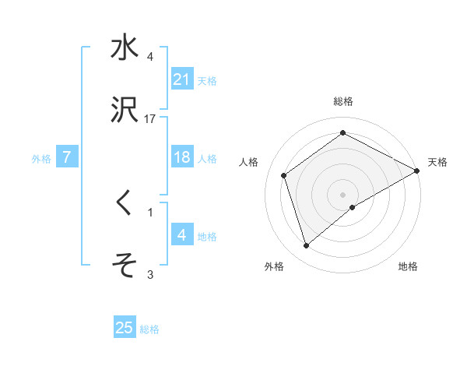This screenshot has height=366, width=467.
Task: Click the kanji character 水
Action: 125,48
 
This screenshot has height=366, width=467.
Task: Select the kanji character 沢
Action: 125,111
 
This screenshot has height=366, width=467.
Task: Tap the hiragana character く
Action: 125,203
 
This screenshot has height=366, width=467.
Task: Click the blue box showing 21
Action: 182,79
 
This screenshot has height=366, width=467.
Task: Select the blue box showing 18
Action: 182,157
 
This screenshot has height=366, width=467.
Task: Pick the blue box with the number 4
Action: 182,234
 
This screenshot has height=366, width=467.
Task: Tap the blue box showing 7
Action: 67,157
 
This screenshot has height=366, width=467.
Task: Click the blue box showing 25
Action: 125,328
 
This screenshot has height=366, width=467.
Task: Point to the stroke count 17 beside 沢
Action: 150,119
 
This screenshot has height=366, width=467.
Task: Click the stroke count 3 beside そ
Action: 150,273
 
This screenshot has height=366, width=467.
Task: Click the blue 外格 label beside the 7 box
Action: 41,158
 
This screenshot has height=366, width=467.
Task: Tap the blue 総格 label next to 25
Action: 149,329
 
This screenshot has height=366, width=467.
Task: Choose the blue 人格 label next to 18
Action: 207,158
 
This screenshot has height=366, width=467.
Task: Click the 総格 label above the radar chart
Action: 343,102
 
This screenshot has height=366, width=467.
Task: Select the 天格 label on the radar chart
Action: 437,162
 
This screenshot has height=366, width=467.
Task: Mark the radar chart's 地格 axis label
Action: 408,266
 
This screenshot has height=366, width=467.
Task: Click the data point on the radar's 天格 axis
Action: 417,171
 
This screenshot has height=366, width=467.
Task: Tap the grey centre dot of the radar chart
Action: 343,194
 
